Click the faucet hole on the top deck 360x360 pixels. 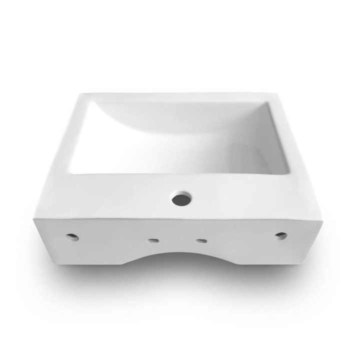pos(181,199)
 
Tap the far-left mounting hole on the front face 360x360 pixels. pos(72,236)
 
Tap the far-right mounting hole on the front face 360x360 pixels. pos(281,235)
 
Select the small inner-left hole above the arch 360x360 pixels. pos(152,240)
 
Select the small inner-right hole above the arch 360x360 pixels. pos(201,240)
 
